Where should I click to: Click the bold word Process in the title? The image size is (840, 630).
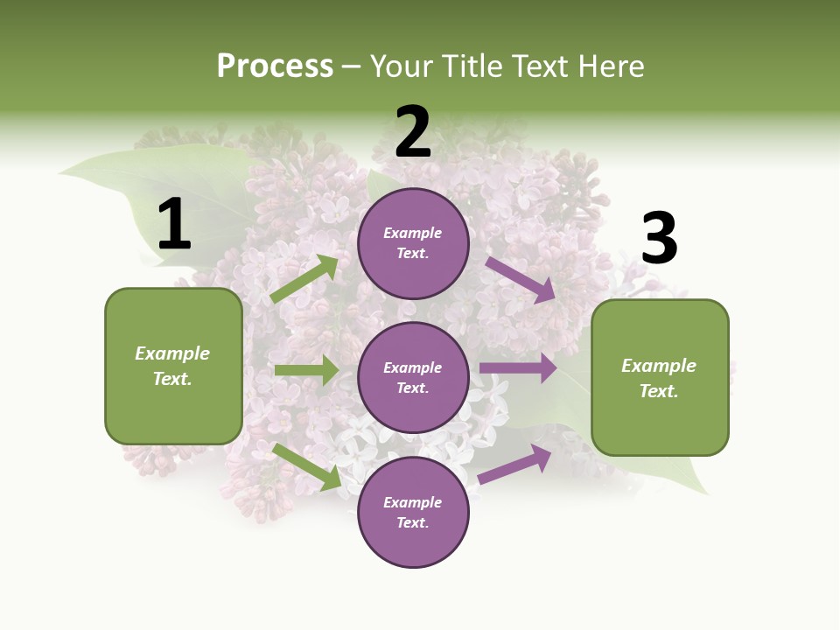pos(275,66)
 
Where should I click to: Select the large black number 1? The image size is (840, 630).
pos(174,226)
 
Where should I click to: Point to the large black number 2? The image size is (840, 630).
pos(413,132)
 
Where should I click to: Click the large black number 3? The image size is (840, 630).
pos(659,239)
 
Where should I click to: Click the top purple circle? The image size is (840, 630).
pos(413,243)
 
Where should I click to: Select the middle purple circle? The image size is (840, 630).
pos(413,377)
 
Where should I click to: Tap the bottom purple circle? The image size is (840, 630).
pos(413,512)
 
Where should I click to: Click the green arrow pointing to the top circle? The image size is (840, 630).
pos(304,279)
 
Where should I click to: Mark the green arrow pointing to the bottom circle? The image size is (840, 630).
pos(307,466)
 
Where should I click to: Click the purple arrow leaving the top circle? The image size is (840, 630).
pos(520,280)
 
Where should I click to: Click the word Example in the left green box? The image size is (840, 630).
pos(172,353)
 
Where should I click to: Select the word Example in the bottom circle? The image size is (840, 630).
pos(413,502)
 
